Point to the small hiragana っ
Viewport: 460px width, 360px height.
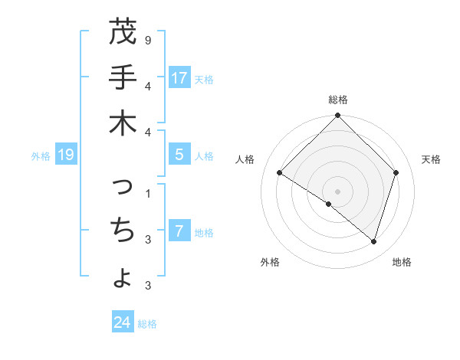tap(123, 186)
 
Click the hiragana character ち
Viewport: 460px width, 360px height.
tap(123, 229)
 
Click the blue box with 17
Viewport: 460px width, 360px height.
tap(179, 77)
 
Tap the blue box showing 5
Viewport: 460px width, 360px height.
tap(179, 155)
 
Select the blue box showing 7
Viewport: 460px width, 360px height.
tap(179, 231)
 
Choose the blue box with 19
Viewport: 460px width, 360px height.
tap(66, 155)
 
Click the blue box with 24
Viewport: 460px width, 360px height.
tap(123, 322)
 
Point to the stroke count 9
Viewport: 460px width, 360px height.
tap(148, 38)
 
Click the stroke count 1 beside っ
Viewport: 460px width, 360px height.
tap(148, 192)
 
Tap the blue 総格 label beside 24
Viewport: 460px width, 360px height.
tap(147, 324)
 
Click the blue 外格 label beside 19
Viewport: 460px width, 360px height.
tap(41, 156)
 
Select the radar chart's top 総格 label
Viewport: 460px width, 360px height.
tap(338, 100)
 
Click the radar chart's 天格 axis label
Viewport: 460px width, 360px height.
tap(431, 159)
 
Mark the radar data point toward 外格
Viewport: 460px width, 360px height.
tap(329, 205)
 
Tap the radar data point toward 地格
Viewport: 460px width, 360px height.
tap(373, 242)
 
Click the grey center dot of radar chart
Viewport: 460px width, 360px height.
tap(338, 191)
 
